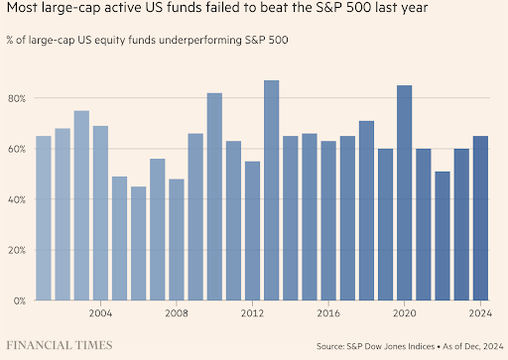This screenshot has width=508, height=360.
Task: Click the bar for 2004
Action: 100,213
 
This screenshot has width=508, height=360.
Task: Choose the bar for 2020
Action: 404,192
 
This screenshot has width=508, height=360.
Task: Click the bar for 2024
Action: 480,217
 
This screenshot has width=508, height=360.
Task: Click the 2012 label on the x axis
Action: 252,312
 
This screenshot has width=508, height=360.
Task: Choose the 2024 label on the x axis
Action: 480,312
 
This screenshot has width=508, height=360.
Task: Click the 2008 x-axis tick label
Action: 177,312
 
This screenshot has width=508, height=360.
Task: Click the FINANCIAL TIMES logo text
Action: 60,345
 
